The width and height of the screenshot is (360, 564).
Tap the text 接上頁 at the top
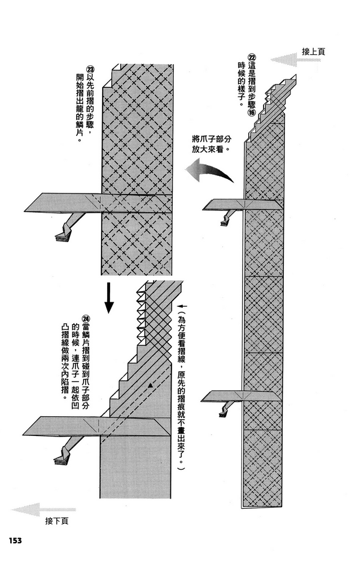313,51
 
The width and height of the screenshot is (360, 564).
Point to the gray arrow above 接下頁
36,509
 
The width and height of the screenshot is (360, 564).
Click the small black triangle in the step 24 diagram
152,384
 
